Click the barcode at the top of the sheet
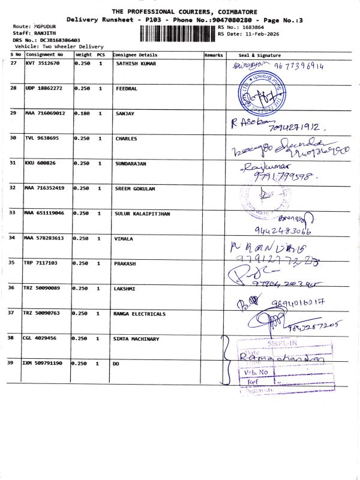click(x=177, y=33)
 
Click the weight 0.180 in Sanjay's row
click(x=82, y=113)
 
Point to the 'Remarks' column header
click(x=214, y=55)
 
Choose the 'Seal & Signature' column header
click(x=259, y=55)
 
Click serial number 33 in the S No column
click(x=13, y=213)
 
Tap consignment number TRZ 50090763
click(x=43, y=313)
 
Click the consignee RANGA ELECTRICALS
click(x=140, y=313)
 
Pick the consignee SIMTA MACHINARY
click(x=136, y=339)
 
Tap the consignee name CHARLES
click(x=126, y=139)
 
